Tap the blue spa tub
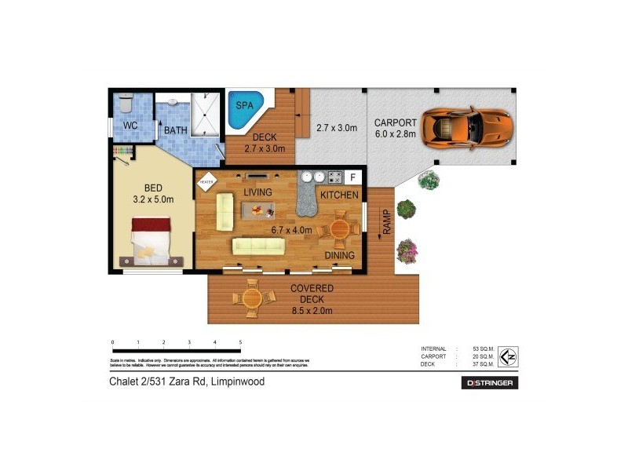(246, 111)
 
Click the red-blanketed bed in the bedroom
(150, 239)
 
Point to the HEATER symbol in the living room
(206, 181)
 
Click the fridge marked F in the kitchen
(352, 177)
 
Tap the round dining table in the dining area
(340, 228)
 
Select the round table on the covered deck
(252, 298)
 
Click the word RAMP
(386, 223)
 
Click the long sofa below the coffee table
(258, 246)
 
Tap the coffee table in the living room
(258, 210)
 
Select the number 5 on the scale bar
(240, 342)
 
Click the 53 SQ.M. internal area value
(483, 349)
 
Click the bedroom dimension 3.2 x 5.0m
(154, 199)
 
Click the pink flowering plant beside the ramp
(407, 251)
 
